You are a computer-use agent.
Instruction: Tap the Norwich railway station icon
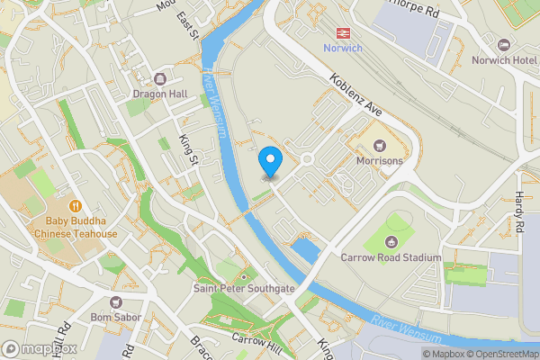point(343,31)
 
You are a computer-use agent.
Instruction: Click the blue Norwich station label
point(343,48)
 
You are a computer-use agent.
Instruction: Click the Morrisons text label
point(377,160)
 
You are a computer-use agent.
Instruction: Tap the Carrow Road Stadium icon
point(391,241)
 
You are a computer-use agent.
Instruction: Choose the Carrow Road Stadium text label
point(391,257)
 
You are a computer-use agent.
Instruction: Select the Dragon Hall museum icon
point(161,77)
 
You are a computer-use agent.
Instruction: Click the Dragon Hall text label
point(161,93)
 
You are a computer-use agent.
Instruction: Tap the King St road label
point(189,149)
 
